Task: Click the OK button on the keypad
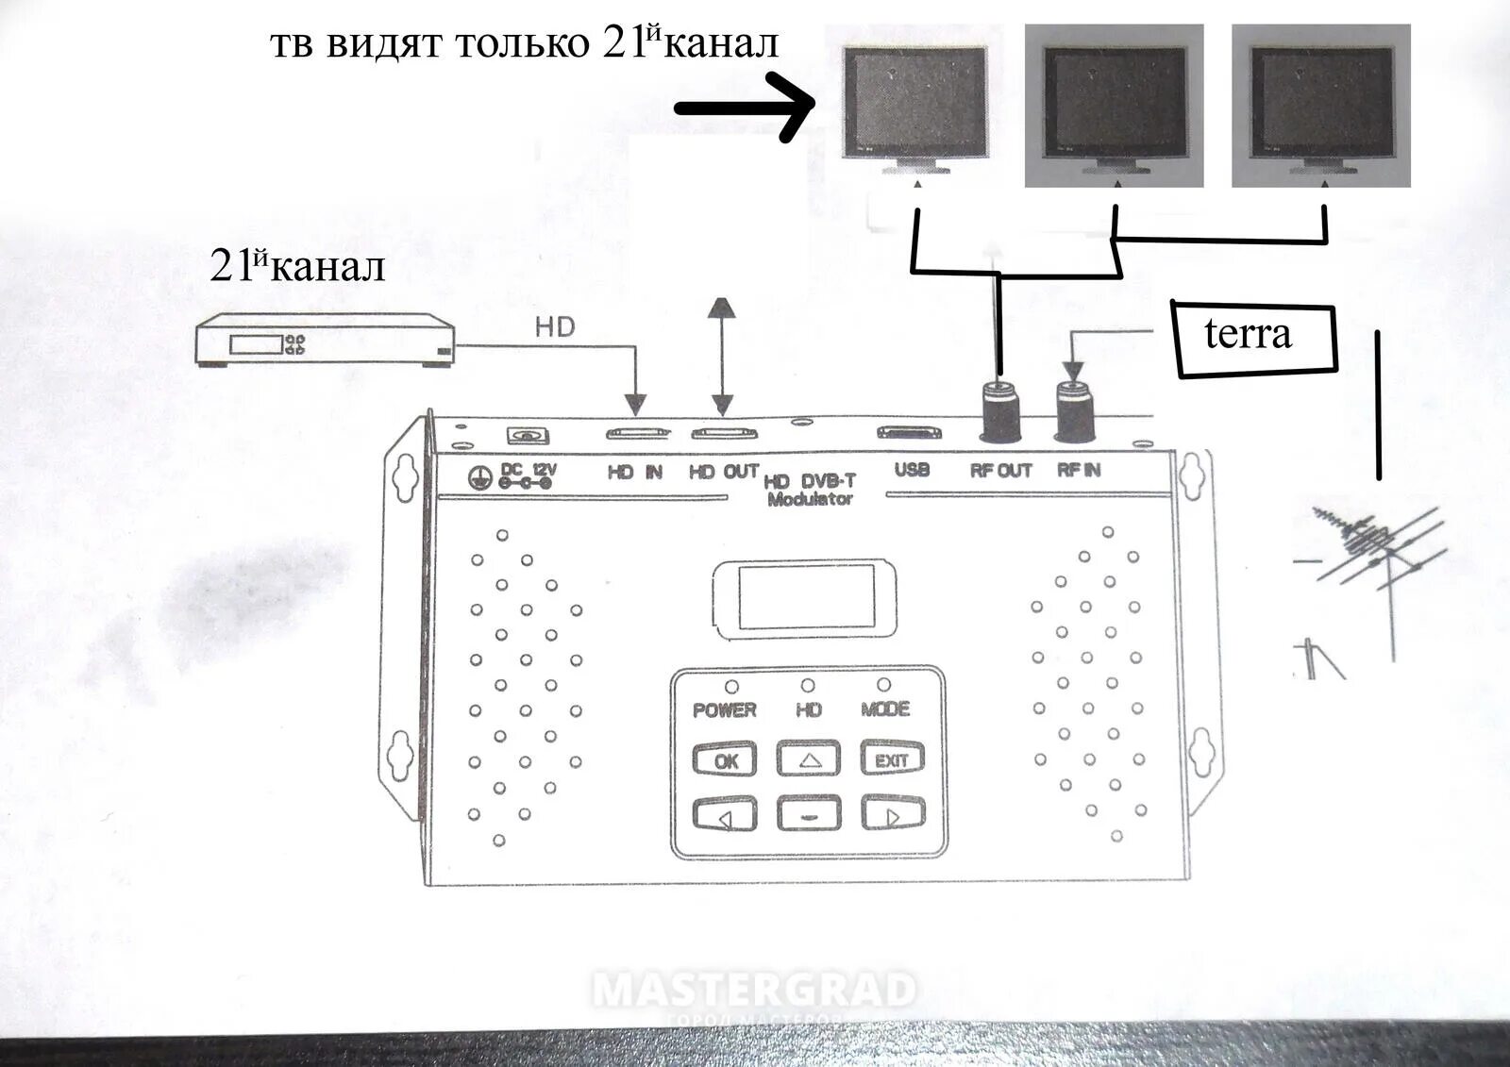[725, 760]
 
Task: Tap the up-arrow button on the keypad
[808, 759]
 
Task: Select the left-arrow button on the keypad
[725, 816]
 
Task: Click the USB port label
[912, 470]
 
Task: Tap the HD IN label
[635, 472]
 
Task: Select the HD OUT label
[723, 472]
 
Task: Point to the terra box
[1254, 337]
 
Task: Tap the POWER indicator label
[725, 709]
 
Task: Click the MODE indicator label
[885, 709]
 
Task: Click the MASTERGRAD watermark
[755, 991]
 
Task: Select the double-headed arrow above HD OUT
[722, 357]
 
